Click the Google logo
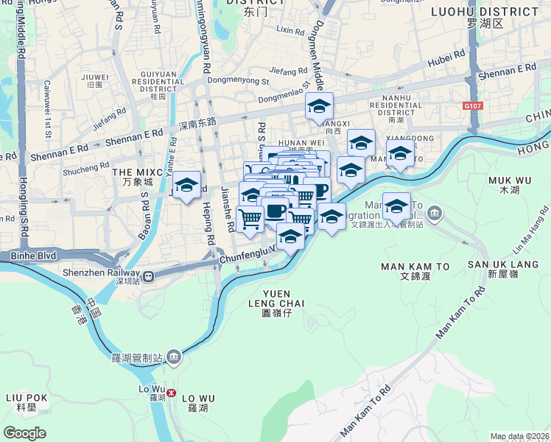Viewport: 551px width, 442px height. [x=24, y=433]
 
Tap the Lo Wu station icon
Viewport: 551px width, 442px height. [x=172, y=393]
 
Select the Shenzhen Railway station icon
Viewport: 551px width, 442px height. [x=150, y=276]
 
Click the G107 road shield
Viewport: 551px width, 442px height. [x=473, y=106]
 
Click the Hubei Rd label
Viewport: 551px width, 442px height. [x=449, y=56]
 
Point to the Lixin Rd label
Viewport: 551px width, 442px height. [x=289, y=31]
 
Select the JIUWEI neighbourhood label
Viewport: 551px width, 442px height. [x=96, y=77]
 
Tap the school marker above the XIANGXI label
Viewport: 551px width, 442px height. [x=320, y=106]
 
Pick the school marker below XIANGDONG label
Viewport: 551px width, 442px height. [x=400, y=155]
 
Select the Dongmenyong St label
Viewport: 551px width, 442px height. [x=239, y=80]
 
